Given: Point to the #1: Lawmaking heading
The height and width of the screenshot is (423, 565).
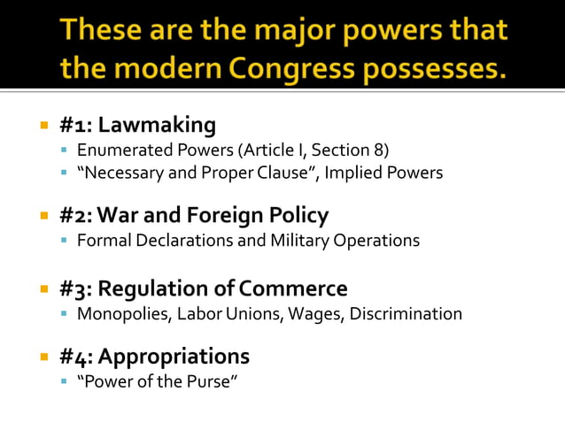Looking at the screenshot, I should click(137, 125).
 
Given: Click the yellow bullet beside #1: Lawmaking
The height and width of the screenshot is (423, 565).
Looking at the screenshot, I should click(43, 125).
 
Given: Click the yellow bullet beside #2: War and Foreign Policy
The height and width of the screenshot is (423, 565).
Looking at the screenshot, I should click(43, 216).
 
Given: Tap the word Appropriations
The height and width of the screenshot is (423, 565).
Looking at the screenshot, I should click(174, 357).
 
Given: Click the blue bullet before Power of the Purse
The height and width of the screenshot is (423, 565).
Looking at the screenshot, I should click(64, 382).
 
